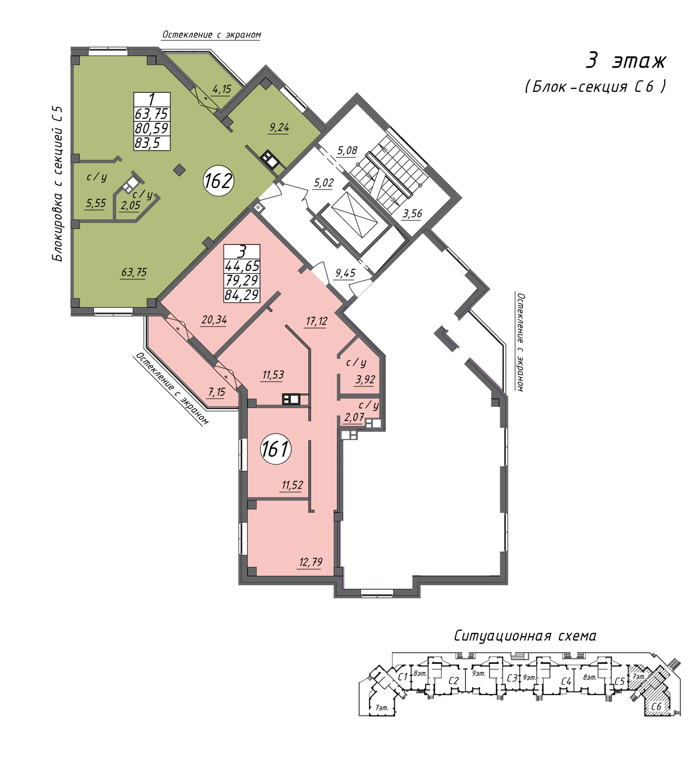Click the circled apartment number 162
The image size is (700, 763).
[x=218, y=181]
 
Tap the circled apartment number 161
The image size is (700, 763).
[x=276, y=449]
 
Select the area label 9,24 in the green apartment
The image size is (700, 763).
[x=279, y=127]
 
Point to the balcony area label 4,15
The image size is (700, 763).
[x=221, y=89]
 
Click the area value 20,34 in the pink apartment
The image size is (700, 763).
[x=214, y=320]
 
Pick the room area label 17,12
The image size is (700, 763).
[x=316, y=321]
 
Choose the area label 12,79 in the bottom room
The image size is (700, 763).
[x=310, y=562]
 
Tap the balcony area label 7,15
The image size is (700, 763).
[x=217, y=392]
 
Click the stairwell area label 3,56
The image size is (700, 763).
[x=412, y=214]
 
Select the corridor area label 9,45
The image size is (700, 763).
[x=345, y=273]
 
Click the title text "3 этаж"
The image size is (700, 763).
[x=625, y=61]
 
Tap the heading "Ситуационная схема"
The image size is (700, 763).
[x=525, y=636]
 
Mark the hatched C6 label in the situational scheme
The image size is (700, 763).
[x=656, y=707]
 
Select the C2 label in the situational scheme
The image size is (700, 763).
[x=454, y=681]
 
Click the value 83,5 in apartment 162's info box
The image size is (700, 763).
[x=147, y=143]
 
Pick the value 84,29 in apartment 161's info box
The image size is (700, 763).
[x=242, y=295]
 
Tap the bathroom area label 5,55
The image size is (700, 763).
[x=96, y=203]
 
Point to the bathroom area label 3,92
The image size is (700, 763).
[x=365, y=379]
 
